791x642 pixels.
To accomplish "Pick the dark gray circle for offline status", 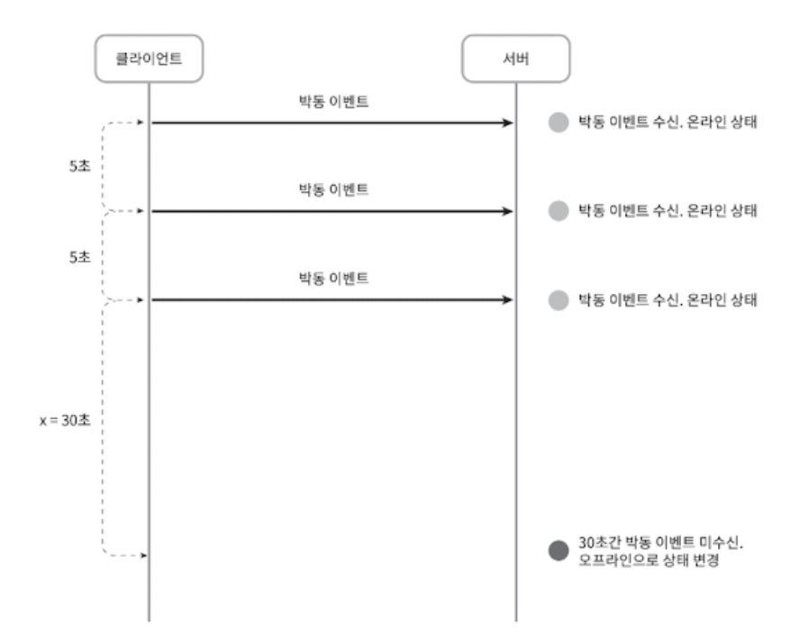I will tap(559, 551).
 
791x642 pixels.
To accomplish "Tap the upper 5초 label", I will tap(78, 167).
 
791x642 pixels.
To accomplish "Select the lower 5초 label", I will tap(78, 255).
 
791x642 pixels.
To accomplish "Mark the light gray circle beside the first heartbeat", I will tap(559, 123).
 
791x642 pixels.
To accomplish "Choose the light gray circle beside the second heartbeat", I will tap(559, 211).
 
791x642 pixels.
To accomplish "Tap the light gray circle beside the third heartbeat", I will tap(559, 300).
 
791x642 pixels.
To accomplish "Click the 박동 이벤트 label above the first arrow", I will tap(334, 102).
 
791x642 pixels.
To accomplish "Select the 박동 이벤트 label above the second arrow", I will tap(334, 190).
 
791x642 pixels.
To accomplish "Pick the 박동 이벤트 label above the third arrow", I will tap(334, 279).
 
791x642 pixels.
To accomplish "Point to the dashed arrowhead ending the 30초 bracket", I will tap(141, 555).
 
